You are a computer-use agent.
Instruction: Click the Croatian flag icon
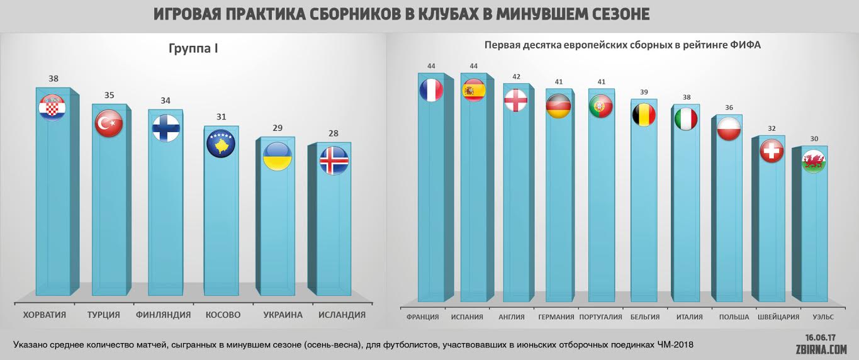click(x=53, y=108)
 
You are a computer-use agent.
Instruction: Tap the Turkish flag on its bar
click(x=108, y=123)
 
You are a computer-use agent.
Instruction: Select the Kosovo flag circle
click(x=220, y=143)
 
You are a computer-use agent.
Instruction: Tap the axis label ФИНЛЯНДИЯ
click(x=163, y=315)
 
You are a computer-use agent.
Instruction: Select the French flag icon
click(x=431, y=90)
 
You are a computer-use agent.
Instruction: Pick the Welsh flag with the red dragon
click(x=813, y=162)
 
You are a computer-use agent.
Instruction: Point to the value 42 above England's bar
click(x=516, y=77)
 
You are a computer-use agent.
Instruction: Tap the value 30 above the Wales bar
click(x=813, y=139)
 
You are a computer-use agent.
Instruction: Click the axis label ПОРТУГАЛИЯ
click(x=600, y=317)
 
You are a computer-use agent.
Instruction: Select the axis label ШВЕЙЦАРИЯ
click(x=778, y=317)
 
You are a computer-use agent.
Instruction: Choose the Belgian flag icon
click(x=644, y=115)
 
